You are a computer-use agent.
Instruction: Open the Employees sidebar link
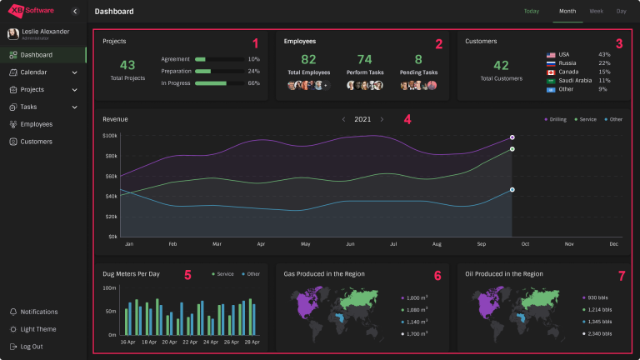coord(36,124)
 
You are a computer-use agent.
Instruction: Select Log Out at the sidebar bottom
coord(32,347)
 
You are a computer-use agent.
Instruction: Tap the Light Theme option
coord(38,329)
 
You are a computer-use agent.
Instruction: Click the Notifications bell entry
coord(38,312)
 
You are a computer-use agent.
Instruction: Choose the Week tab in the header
coord(596,12)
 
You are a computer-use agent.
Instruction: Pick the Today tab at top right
coord(532,12)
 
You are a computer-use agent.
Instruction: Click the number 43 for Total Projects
coord(127,65)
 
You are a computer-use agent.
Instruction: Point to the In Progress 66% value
coord(254,83)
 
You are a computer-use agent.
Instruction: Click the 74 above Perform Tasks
coord(364,60)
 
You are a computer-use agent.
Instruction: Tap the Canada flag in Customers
coord(551,72)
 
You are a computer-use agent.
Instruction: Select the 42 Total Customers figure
coord(501,65)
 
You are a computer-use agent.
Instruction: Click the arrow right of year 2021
coord(382,119)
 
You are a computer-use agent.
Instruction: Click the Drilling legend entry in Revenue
coord(556,119)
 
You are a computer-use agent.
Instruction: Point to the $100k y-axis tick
coord(110,135)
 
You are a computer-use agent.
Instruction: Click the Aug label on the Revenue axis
coord(437,244)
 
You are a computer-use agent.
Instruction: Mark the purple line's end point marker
coord(512,137)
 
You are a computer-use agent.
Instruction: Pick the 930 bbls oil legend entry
coord(596,297)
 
